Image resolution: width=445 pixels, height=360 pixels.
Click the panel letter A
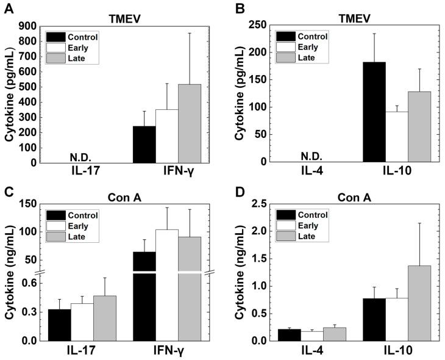(x=9, y=8)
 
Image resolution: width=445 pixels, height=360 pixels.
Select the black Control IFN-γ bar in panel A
(x=144, y=144)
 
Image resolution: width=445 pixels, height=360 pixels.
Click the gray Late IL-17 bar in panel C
(x=105, y=318)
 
